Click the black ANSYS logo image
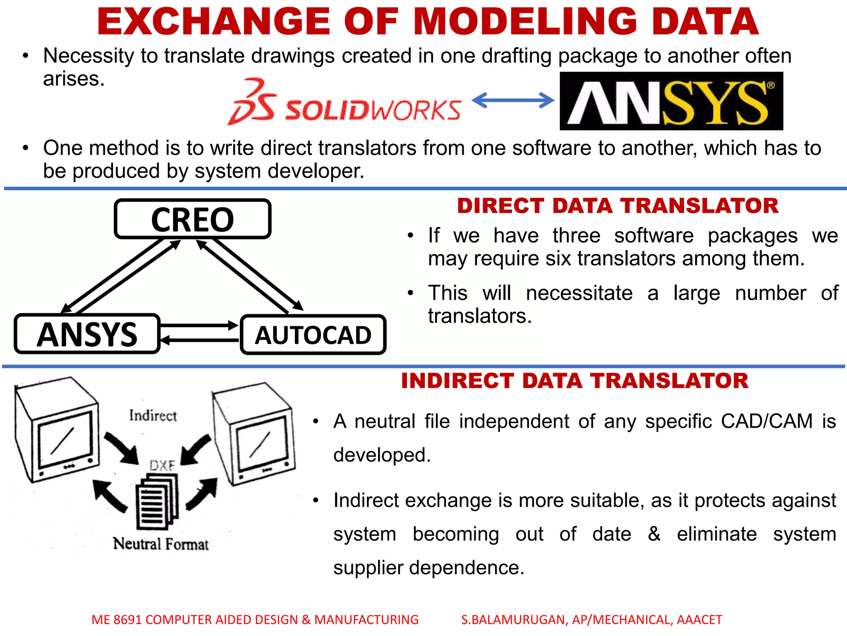[x=671, y=101]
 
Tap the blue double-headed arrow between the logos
[x=512, y=100]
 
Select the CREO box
[x=193, y=219]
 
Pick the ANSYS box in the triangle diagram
[x=87, y=334]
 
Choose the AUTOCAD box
[x=313, y=335]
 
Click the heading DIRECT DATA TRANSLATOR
[x=617, y=206]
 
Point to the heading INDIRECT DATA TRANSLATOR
[x=574, y=381]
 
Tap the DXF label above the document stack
[x=162, y=465]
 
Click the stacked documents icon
[x=158, y=501]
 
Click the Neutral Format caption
[x=161, y=544]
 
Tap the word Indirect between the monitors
[x=153, y=415]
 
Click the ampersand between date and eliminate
[x=654, y=533]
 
